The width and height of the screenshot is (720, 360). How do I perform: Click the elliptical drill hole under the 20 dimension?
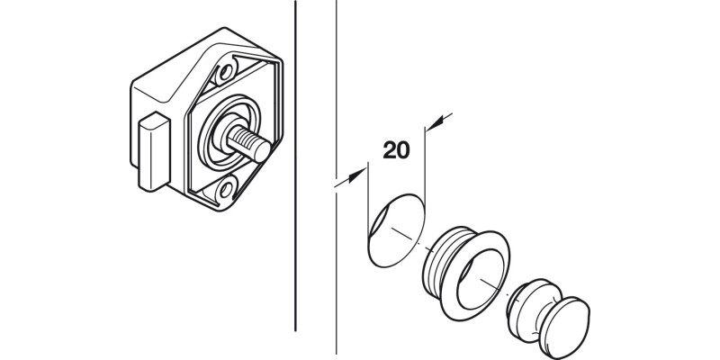392,231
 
